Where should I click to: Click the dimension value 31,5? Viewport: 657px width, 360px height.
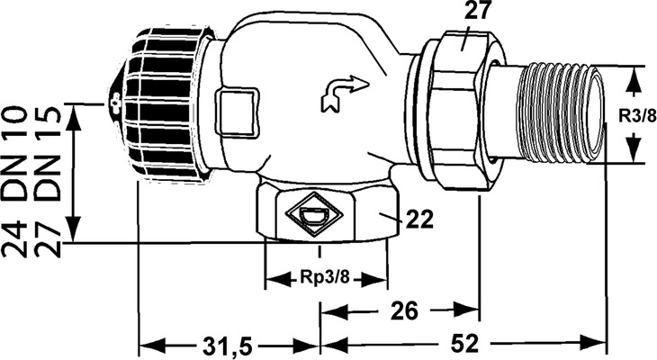[229, 346]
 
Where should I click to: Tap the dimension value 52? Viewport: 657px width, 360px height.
[464, 345]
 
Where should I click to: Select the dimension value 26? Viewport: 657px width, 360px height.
[404, 311]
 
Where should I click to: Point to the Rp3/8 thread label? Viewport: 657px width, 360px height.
[324, 277]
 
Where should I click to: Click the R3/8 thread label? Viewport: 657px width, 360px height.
[638, 116]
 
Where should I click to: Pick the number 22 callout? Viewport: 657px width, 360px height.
[419, 219]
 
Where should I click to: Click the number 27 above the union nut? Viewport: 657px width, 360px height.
[477, 11]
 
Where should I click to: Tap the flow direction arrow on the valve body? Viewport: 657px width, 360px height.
[345, 93]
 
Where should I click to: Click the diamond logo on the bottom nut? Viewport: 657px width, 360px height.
[314, 214]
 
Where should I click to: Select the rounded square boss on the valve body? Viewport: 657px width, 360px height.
[238, 112]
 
